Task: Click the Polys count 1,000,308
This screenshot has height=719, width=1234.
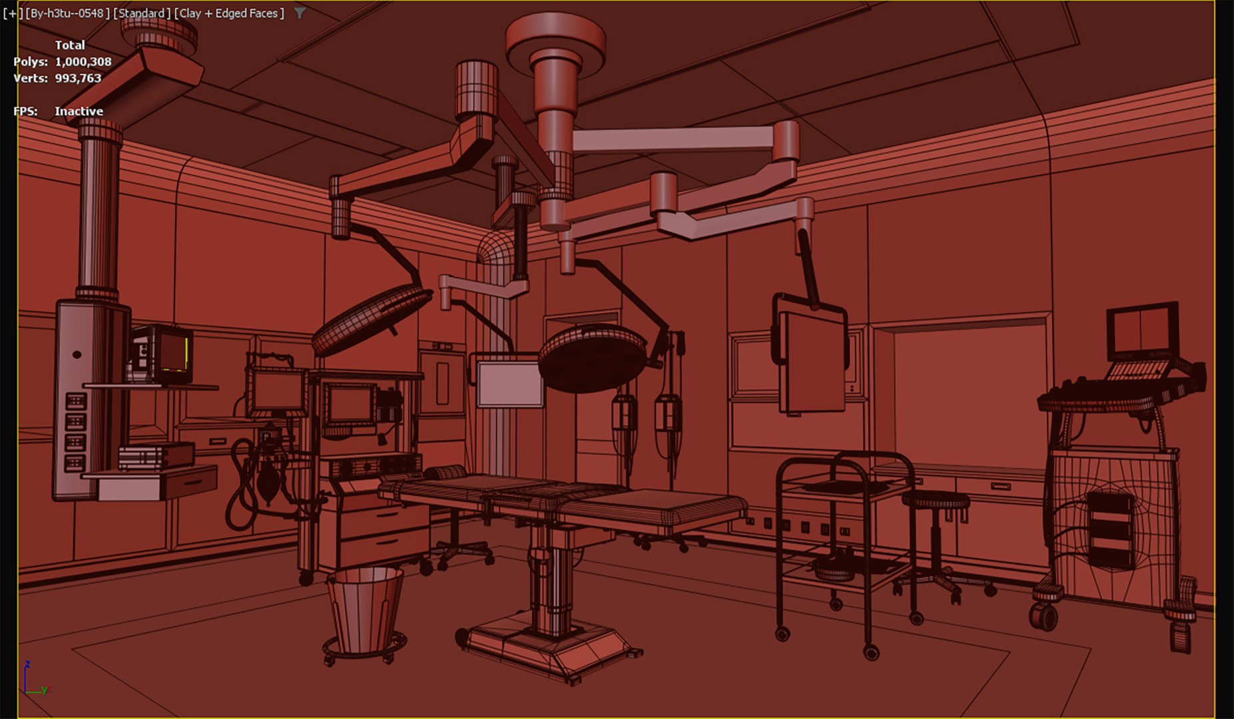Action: [x=83, y=62]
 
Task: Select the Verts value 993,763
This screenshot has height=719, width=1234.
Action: [x=78, y=79]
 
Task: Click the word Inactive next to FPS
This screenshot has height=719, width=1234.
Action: [x=79, y=111]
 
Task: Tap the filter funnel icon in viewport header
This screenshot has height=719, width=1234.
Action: [x=300, y=13]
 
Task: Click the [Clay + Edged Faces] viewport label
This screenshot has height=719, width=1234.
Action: [x=229, y=13]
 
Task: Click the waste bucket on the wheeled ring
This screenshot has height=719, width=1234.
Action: [x=364, y=608]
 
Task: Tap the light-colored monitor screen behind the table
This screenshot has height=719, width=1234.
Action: [x=509, y=383]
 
